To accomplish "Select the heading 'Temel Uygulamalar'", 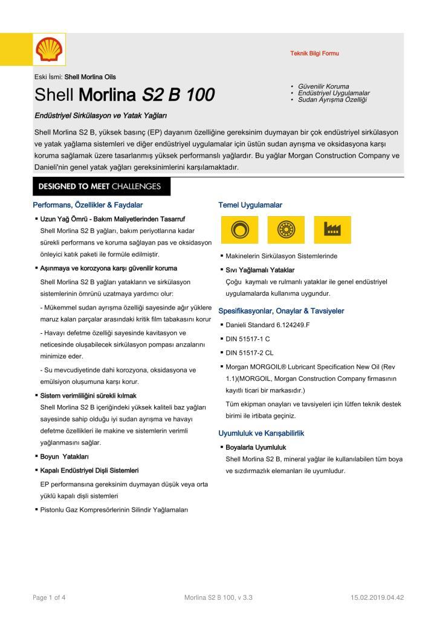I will pos(250,205).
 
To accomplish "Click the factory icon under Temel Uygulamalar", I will pos(332,229).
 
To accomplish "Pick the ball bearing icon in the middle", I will pos(285,229).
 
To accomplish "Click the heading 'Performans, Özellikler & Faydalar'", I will pos(88,205).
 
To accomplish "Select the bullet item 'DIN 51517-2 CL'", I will pos(250,353).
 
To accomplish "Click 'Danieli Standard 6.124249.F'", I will pos(268,325).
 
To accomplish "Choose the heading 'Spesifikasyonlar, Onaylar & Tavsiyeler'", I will pos(281,311).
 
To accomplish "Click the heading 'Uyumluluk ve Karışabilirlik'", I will pos(261,433).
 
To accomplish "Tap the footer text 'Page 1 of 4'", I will pos(49,597).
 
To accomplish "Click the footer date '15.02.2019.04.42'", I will pos(377,597).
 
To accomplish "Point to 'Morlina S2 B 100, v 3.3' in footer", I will pos(218,597).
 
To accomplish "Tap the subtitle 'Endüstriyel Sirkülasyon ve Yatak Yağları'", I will pos(100,115).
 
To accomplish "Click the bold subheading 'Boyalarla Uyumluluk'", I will pos(256,447).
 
